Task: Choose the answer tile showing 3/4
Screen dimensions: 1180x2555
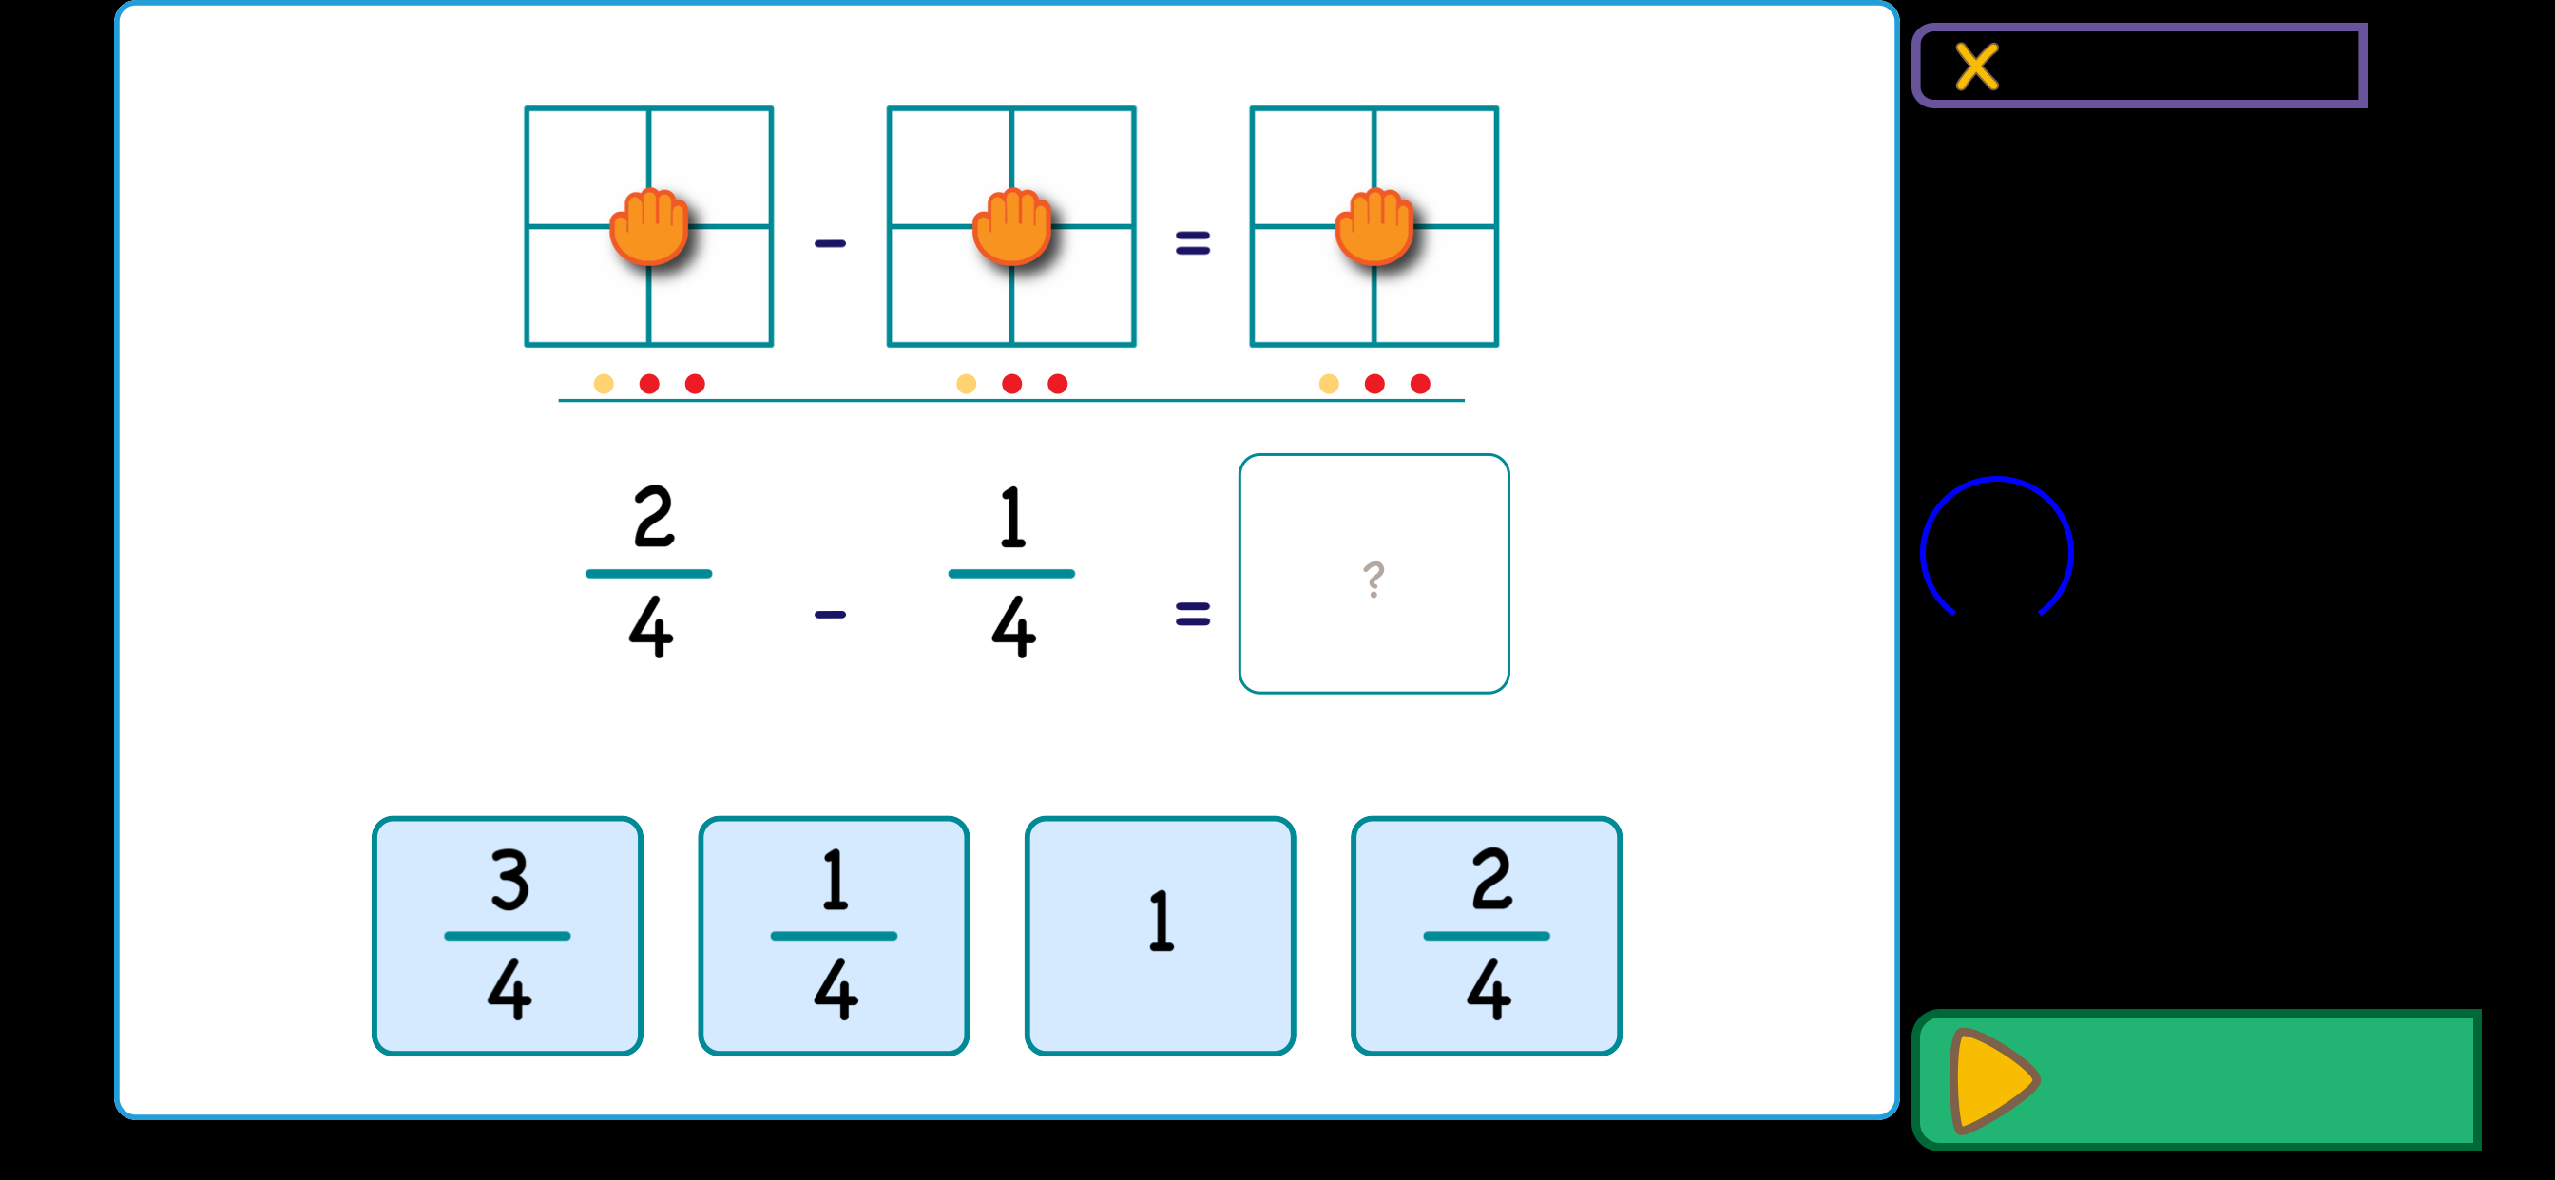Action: (x=507, y=935)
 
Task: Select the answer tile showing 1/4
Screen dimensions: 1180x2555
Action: (x=834, y=935)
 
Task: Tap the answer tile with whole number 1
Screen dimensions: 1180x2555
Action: (x=1160, y=935)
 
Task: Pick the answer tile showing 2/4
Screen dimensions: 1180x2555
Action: (x=1486, y=935)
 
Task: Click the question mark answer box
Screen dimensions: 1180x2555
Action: (x=1374, y=573)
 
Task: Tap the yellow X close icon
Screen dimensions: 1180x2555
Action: (x=1976, y=67)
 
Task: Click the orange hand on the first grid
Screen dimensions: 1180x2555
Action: (x=648, y=226)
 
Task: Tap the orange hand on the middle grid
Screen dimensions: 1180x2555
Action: (x=1011, y=226)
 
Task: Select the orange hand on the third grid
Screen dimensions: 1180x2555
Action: (x=1374, y=226)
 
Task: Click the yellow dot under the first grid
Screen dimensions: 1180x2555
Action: (x=603, y=384)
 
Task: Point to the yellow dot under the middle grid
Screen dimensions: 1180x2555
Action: (x=966, y=384)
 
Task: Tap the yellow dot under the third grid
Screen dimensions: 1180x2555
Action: (x=1329, y=384)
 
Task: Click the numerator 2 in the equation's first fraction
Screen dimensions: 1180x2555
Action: (x=653, y=517)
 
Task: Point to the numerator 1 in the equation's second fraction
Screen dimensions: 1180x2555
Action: (x=1012, y=517)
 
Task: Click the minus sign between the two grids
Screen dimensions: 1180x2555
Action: (x=830, y=243)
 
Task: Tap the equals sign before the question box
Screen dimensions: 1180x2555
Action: (x=1192, y=615)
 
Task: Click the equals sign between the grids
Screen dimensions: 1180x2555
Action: (x=1192, y=243)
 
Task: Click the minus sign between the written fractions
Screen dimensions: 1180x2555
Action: (x=830, y=615)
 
